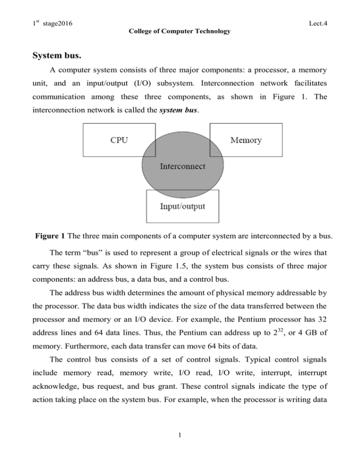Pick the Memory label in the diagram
pos(247,140)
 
